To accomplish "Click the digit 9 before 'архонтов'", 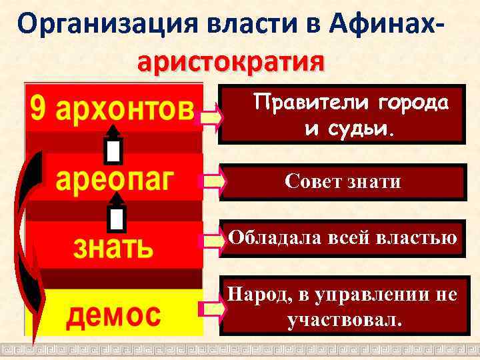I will pos(38,109).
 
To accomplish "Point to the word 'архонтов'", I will pos(125,109).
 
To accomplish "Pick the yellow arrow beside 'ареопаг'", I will pos(211,181).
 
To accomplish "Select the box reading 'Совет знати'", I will pos(342,181).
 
